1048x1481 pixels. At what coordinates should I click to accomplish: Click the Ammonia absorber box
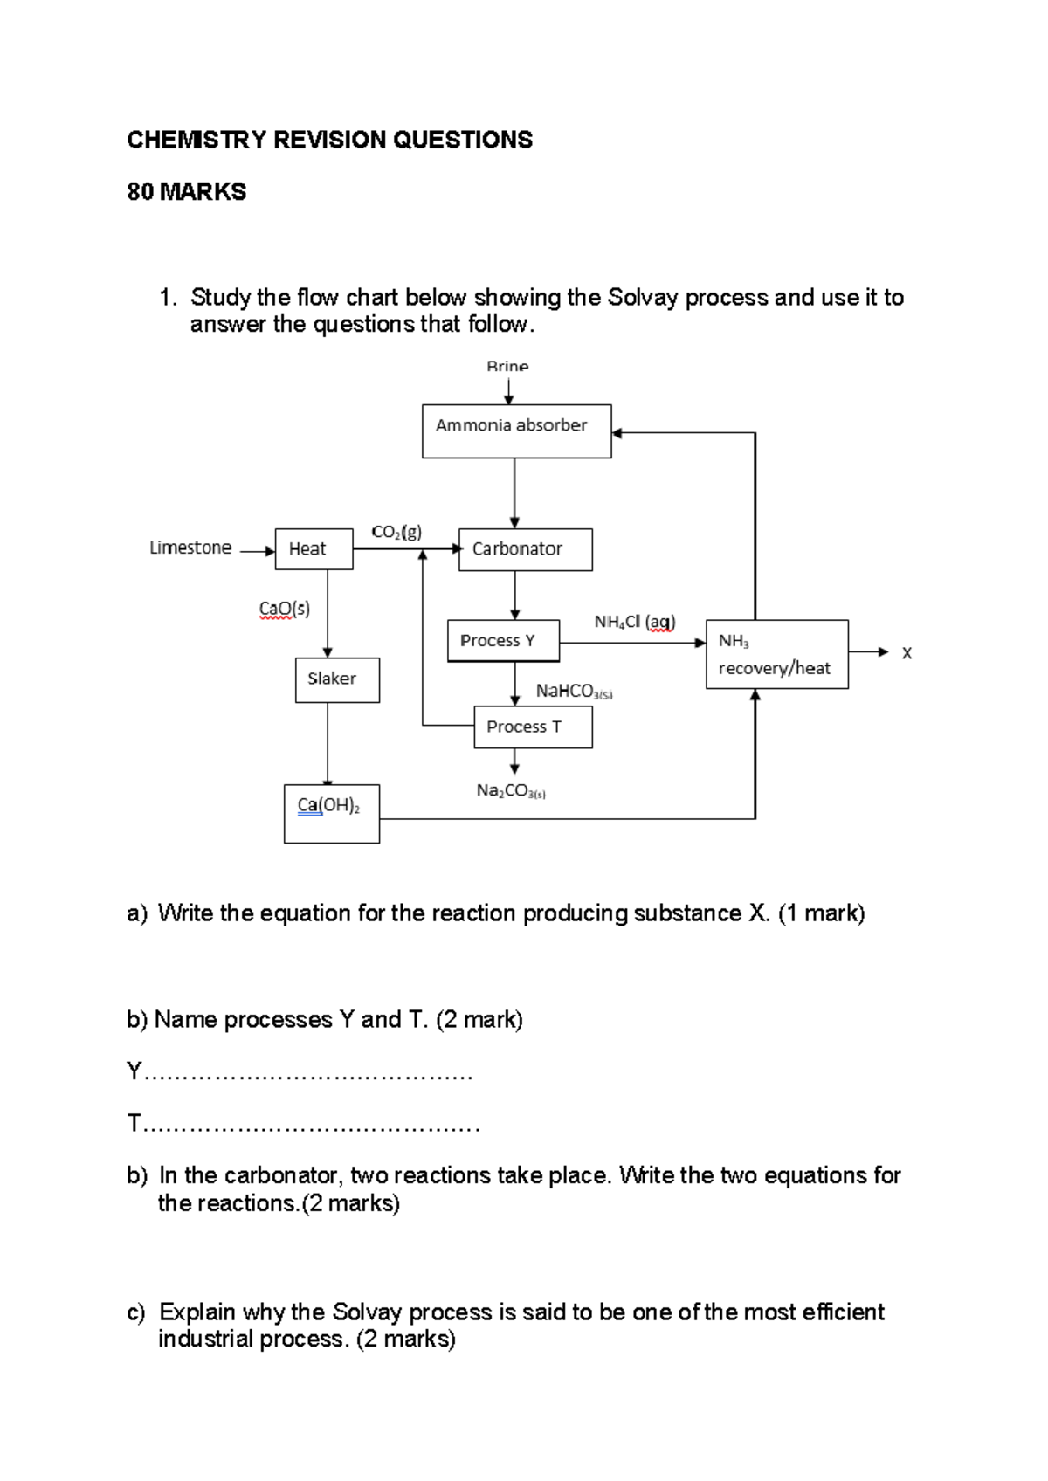(x=516, y=431)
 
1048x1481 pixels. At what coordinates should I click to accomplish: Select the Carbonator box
(x=525, y=549)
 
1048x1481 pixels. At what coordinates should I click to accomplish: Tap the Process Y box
(x=503, y=641)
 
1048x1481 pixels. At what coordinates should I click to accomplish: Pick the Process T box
(x=533, y=727)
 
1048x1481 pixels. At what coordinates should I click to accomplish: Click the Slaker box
(x=337, y=679)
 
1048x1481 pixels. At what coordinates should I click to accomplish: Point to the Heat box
(x=314, y=549)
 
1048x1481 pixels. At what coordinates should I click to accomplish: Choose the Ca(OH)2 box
(x=331, y=813)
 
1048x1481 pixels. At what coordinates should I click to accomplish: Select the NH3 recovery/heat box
(x=776, y=654)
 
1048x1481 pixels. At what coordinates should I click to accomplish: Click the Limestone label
(x=190, y=548)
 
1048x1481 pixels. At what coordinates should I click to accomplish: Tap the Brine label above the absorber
(x=507, y=367)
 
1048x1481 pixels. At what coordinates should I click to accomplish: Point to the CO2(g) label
(x=396, y=532)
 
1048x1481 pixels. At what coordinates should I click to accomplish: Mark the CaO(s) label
(x=285, y=609)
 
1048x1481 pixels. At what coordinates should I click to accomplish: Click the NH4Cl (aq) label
(x=635, y=622)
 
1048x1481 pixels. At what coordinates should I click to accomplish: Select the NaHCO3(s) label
(x=574, y=692)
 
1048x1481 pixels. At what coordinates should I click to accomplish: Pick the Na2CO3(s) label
(x=511, y=791)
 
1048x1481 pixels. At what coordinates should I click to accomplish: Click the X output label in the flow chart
(x=907, y=653)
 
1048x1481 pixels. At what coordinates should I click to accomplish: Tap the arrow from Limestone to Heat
(x=258, y=551)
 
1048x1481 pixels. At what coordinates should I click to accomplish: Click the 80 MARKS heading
(x=187, y=192)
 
